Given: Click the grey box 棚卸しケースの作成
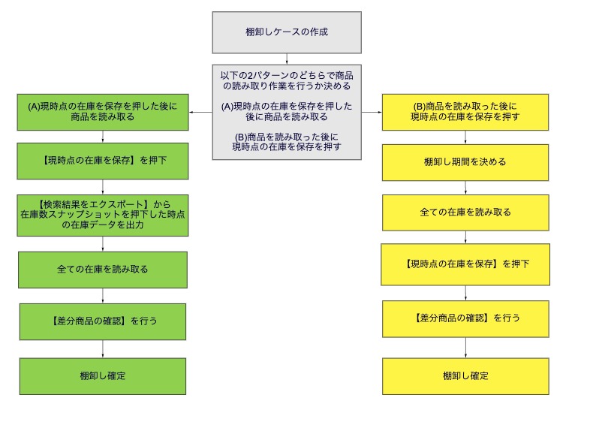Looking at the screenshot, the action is (287, 32).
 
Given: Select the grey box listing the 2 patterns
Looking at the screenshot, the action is (287, 112).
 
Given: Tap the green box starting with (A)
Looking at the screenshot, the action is (103, 112).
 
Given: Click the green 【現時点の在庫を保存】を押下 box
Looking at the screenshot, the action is (103, 161).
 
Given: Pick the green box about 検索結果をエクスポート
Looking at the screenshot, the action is (103, 216).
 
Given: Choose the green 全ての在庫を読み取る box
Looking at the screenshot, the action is (103, 270).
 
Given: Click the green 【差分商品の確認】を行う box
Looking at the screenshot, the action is (103, 321).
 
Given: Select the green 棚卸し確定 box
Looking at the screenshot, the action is (103, 376).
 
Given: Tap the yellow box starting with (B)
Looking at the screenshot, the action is (465, 112).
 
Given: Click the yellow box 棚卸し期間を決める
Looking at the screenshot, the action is (465, 162).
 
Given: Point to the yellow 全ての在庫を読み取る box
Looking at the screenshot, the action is (465, 213).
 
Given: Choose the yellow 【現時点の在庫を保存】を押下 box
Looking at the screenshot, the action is (465, 264).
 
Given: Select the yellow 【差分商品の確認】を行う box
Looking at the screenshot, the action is (465, 319).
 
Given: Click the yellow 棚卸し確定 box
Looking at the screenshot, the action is (465, 377).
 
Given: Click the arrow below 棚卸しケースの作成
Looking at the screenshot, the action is (287, 59).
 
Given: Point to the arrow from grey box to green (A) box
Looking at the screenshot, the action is (200, 112).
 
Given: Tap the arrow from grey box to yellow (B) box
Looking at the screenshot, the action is (372, 112).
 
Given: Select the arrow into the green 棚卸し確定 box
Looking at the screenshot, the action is (103, 349).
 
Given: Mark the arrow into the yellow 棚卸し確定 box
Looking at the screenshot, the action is (465, 348).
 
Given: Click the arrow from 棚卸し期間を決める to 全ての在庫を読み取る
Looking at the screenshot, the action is (465, 188).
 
